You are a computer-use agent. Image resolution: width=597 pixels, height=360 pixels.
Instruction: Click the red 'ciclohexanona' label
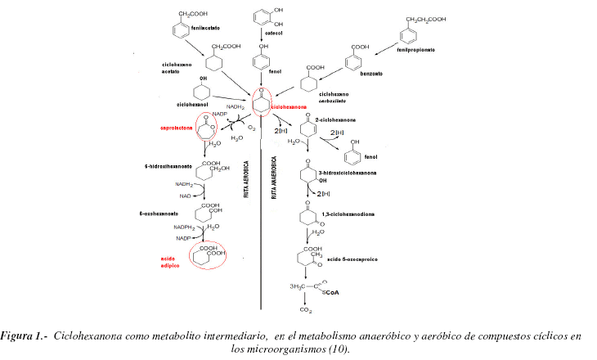[289, 106]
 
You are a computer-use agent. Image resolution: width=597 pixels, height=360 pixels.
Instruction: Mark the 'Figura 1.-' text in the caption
[26, 337]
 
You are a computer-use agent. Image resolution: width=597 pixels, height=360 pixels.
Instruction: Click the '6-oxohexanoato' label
[159, 213]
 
